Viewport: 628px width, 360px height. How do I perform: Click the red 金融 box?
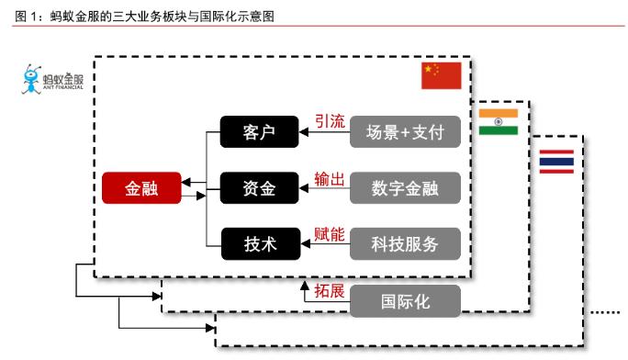141,188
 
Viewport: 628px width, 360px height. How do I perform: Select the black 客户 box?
261,132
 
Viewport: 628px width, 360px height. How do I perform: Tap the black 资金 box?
261,188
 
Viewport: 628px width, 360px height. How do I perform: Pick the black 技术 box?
261,244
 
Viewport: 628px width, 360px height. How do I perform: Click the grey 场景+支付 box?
405,132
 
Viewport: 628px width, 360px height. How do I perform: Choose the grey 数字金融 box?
405,188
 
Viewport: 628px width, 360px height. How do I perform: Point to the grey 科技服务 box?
405,244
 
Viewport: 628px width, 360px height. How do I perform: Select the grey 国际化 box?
405,299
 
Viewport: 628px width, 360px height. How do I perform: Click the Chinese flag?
441,76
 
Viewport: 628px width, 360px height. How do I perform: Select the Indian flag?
499,121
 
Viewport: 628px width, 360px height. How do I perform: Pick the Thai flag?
556,162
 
